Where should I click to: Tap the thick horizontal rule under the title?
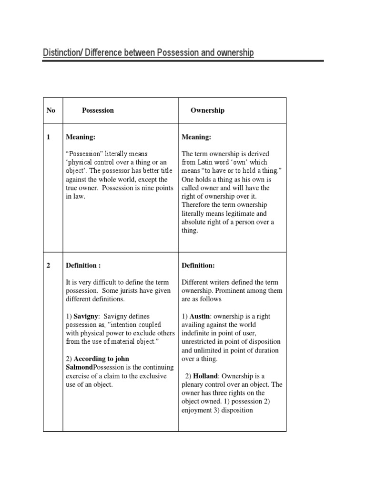click(x=183, y=61)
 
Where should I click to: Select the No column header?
click(x=51, y=110)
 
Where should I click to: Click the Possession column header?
click(x=98, y=110)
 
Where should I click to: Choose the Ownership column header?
click(x=207, y=110)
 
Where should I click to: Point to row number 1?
click(x=49, y=138)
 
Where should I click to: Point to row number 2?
click(x=49, y=266)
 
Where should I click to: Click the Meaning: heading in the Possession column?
click(x=81, y=138)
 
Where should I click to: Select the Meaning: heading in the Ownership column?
click(x=196, y=138)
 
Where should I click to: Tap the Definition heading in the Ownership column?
click(x=198, y=266)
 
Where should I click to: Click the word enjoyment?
click(x=197, y=411)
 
